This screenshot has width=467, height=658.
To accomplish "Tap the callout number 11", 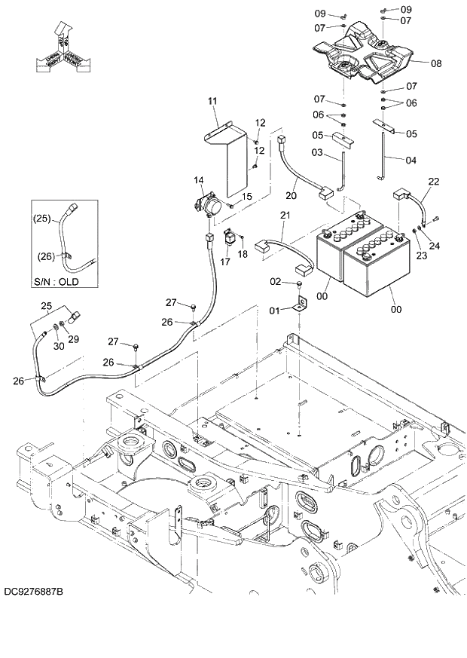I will tap(212, 100).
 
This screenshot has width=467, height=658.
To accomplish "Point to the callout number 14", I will tap(199, 180).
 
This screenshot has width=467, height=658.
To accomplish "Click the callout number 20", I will tap(291, 196).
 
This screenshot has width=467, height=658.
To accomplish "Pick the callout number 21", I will tap(284, 216).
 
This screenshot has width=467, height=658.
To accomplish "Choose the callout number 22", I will tap(434, 182).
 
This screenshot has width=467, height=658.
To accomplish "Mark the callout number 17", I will tap(224, 262).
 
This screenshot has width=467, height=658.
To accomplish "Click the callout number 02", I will tap(276, 281).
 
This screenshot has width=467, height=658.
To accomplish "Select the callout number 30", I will tap(59, 346).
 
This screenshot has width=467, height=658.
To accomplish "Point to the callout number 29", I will tap(74, 339).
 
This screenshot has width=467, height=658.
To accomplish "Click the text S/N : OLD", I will tap(56, 282).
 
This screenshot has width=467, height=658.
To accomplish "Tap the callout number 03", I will tap(317, 153).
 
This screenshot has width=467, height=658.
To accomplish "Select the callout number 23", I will tap(420, 256).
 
